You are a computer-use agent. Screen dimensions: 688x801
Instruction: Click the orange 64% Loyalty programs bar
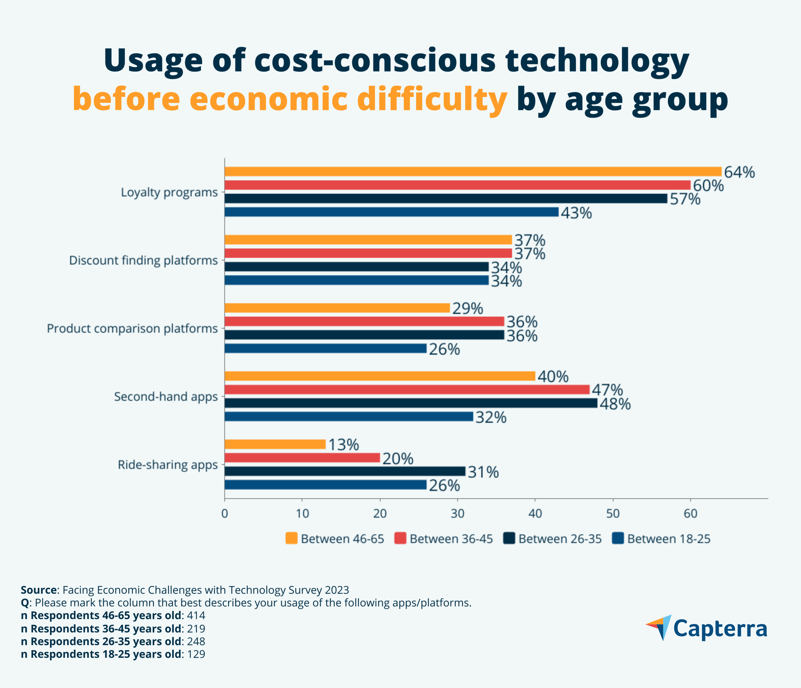point(473,171)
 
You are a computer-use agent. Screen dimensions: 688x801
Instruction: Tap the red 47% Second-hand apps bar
point(407,389)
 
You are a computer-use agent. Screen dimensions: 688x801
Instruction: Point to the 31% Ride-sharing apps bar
point(345,471)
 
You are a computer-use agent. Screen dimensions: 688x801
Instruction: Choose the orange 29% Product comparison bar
point(337,308)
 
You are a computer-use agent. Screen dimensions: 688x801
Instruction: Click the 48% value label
point(615,404)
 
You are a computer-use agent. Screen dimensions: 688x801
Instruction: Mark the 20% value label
point(398,459)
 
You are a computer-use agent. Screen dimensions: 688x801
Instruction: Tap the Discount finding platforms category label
point(143,260)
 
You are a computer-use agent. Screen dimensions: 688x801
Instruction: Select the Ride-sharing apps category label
point(168,465)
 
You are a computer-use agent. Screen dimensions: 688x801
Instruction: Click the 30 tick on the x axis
point(458,514)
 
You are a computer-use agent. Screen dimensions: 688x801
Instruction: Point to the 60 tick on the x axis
point(690,514)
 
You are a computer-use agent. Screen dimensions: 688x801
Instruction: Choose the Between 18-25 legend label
point(669,539)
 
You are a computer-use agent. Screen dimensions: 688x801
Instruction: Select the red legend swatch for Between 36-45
point(400,538)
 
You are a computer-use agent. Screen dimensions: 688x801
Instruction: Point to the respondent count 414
point(196,615)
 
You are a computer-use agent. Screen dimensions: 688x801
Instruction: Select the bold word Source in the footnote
point(39,590)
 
